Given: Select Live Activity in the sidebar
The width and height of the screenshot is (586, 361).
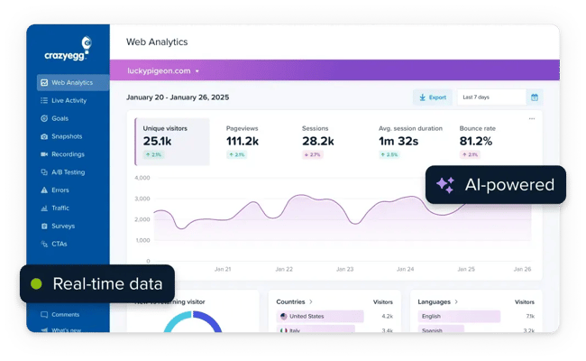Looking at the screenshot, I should (x=69, y=100).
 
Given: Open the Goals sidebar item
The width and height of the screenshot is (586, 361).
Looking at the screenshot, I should (x=60, y=118).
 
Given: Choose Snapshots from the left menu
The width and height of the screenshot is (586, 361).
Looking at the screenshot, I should (x=66, y=136).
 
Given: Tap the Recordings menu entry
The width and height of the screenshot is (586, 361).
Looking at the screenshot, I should (x=68, y=154).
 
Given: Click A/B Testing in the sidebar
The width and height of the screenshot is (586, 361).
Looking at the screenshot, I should (x=68, y=172).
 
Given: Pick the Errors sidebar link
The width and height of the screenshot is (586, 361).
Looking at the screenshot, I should (x=60, y=190).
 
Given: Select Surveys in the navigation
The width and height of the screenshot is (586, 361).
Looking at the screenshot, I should (x=63, y=226).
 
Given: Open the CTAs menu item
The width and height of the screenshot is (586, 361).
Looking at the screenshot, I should (x=60, y=244).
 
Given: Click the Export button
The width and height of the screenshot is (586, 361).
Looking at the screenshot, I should (x=432, y=97).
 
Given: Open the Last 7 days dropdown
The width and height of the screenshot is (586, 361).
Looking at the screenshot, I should (x=490, y=97).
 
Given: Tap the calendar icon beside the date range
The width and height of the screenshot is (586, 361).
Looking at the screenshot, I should (x=535, y=97).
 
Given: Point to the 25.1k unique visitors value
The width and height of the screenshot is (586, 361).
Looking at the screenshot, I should (x=157, y=142).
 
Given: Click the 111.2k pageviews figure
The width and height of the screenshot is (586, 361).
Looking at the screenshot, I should (x=243, y=142).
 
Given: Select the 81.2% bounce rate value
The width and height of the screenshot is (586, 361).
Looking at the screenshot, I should (x=476, y=142).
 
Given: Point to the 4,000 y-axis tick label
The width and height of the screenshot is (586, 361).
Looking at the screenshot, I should (x=142, y=177).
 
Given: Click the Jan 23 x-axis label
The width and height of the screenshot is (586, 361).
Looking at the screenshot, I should (x=344, y=269).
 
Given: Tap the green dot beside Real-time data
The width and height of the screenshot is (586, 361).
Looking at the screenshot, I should (x=37, y=283).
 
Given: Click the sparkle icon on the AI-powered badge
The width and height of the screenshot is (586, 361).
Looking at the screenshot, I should (x=445, y=185).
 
